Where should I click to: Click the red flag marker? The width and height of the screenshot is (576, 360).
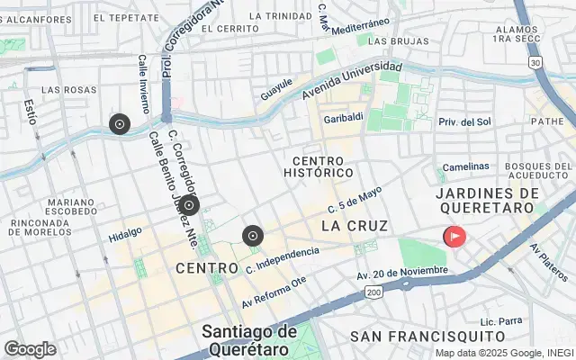(x=454, y=237)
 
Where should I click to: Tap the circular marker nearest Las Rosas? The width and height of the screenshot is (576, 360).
(x=119, y=124)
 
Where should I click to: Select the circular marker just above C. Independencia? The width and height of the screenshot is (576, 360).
(x=253, y=236)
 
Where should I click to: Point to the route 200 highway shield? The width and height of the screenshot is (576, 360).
(x=374, y=292)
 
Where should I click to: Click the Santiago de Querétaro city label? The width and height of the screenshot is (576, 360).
(x=249, y=339)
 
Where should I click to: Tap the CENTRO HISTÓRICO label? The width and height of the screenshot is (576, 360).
(x=318, y=166)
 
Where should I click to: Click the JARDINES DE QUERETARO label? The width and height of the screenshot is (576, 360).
(x=486, y=200)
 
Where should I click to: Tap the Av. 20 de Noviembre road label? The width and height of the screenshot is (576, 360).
(x=401, y=272)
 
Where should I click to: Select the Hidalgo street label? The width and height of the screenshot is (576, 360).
(x=126, y=232)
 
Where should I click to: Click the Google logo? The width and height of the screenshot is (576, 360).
(x=30, y=349)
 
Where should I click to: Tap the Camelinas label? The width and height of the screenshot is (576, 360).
(x=464, y=166)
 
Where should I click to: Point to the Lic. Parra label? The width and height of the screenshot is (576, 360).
(x=501, y=320)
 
